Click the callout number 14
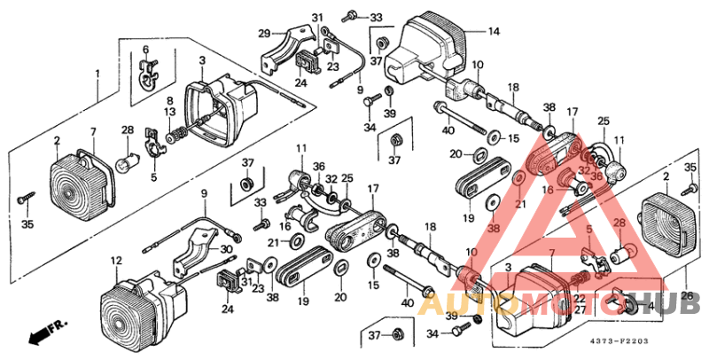click(494, 31)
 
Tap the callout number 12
click(115, 261)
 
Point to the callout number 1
click(97, 73)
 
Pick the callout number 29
click(263, 34)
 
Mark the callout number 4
click(652, 307)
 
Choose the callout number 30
click(226, 249)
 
